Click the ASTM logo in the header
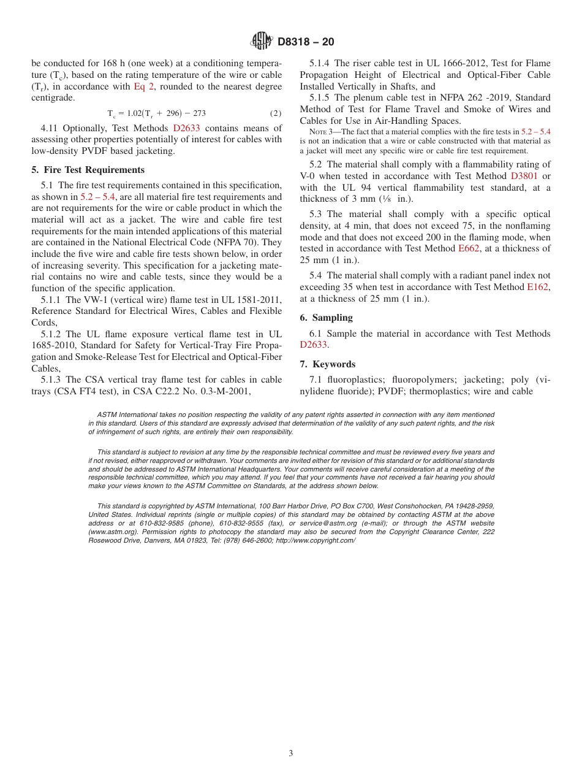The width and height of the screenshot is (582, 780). click(262, 41)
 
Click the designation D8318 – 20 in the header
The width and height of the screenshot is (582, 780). click(306, 42)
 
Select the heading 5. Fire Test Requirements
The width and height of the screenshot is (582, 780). click(88, 170)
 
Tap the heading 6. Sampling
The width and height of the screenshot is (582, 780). click(326, 318)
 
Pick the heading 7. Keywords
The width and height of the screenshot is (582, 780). click(327, 364)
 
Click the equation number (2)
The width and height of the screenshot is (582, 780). click(276, 113)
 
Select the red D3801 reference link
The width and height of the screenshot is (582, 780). click(524, 176)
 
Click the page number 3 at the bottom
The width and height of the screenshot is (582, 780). click(291, 753)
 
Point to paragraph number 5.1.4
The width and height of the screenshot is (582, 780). click(321, 63)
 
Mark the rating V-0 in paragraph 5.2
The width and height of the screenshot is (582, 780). click(310, 176)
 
